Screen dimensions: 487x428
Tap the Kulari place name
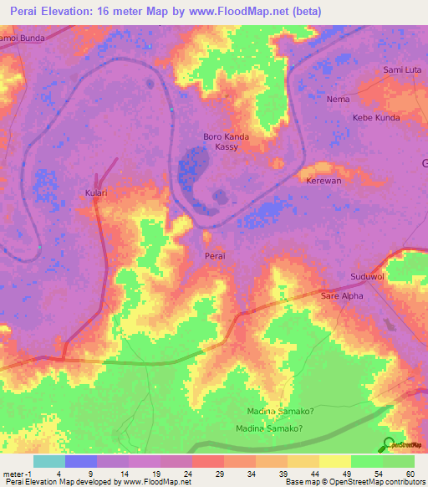96,192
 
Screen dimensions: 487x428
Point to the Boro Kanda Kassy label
227,141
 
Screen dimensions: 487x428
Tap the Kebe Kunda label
376,118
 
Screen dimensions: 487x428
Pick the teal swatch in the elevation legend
48,461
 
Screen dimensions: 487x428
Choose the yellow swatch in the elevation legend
334,461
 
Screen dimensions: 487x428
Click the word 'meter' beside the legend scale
12,473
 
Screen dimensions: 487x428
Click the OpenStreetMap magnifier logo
387,443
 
